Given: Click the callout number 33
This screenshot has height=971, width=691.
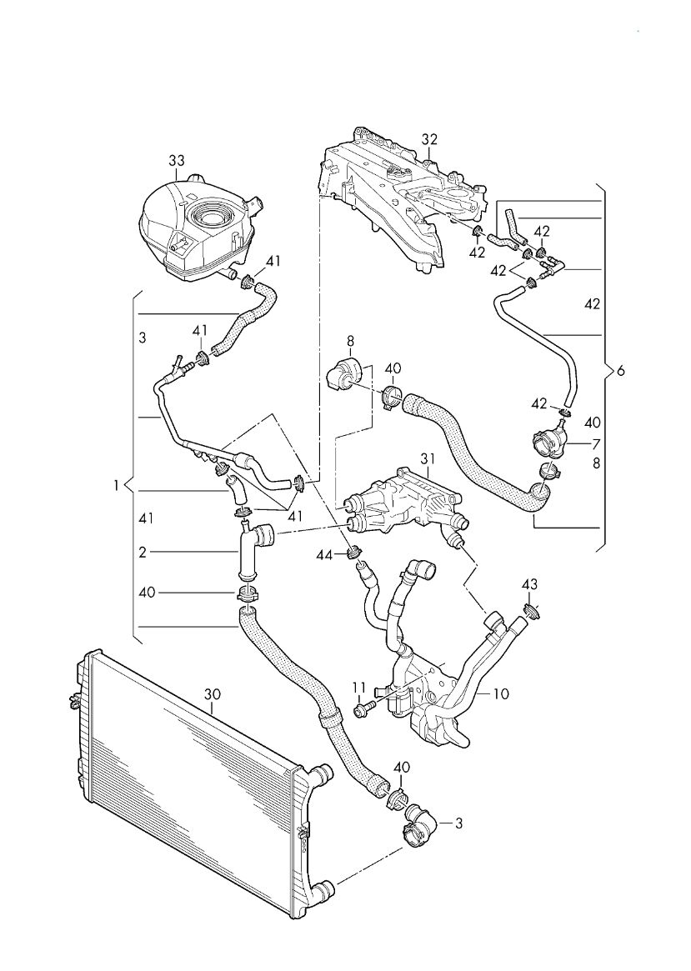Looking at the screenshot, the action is [x=177, y=161].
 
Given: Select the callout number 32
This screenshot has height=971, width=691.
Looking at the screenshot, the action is [x=429, y=139].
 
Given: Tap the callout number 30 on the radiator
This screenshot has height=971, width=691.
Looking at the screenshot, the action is [x=212, y=695].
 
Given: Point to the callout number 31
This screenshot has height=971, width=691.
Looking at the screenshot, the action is [x=428, y=459].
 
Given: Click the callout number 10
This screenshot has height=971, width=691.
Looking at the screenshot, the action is [x=502, y=693].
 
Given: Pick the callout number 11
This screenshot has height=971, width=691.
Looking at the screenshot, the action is [x=360, y=688].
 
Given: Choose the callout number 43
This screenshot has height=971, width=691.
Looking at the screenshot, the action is [x=529, y=584].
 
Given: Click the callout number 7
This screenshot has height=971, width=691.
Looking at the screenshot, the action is [x=596, y=443].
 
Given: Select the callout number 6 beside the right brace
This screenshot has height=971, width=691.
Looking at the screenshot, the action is [x=621, y=371].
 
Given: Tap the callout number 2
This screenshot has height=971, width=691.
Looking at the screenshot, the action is [x=143, y=552].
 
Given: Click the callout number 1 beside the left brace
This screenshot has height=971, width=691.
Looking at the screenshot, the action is [x=116, y=486].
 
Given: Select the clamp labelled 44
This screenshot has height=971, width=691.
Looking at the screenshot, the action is [x=355, y=551].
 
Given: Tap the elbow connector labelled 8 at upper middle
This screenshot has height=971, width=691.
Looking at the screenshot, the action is [x=339, y=373].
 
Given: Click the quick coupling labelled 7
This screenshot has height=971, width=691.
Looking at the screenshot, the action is [x=548, y=442].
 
